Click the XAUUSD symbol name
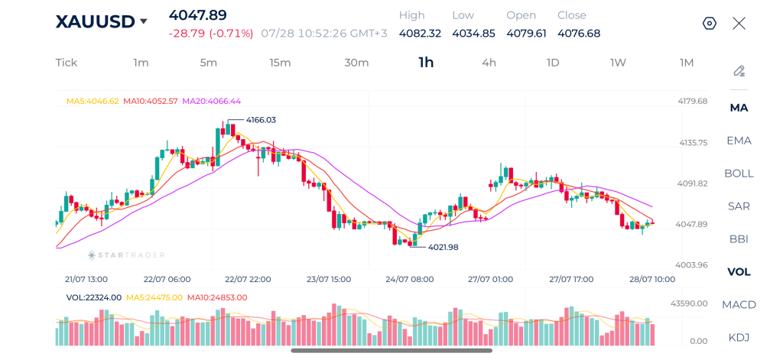point(95,21)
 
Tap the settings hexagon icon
point(709,24)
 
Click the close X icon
point(739,24)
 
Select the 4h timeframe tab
point(489,63)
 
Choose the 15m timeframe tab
point(280,63)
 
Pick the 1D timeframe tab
point(552,63)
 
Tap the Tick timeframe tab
point(67,63)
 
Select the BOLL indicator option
point(739,174)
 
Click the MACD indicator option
point(739,304)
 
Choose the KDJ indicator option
point(739,338)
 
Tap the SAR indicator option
point(739,206)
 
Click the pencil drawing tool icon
point(739,71)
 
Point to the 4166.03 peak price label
point(261,120)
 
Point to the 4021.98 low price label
point(443,247)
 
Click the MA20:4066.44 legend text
point(211,101)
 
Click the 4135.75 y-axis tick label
point(693,143)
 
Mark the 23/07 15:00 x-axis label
point(329,279)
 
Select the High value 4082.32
point(420,34)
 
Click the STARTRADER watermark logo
point(126,255)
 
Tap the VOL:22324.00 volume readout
point(94,297)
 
